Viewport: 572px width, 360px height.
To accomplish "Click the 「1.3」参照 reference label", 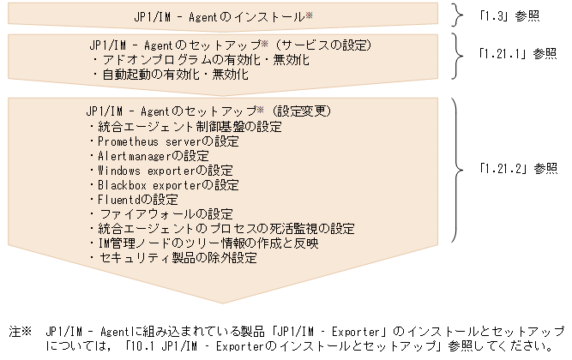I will click(509, 15).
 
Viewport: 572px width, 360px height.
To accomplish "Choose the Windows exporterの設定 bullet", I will click(160, 170).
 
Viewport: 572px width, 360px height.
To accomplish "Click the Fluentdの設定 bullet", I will click(133, 199).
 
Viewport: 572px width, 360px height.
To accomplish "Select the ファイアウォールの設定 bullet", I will click(160, 213).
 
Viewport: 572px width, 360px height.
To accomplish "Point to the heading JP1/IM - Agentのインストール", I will click(220, 16).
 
